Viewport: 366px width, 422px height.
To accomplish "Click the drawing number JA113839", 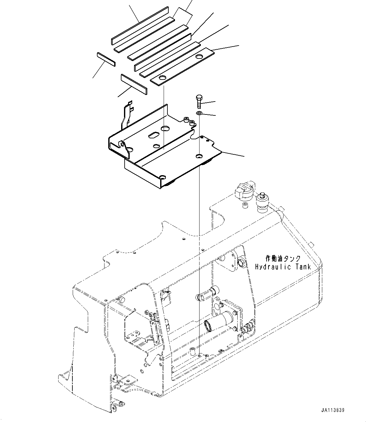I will (333, 410).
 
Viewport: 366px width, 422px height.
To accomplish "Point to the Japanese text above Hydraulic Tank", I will (283, 258).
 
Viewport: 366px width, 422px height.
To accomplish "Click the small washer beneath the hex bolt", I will (199, 113).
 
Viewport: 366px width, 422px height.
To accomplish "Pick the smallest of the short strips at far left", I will (106, 59).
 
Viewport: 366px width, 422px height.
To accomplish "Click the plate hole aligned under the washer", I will (199, 156).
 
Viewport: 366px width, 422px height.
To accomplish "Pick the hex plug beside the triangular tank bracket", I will (242, 262).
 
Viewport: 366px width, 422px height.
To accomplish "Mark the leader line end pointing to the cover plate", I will (244, 156).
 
